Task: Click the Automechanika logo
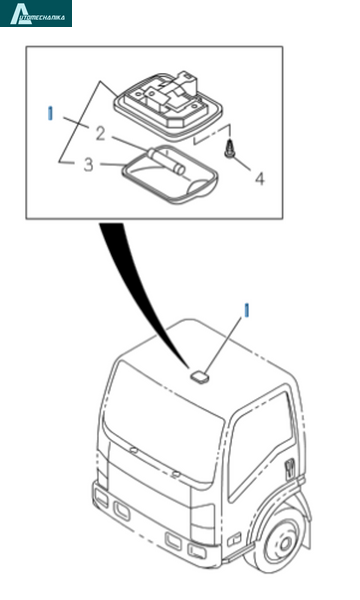click(36, 13)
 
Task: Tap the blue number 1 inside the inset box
click(50, 113)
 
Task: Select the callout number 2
click(100, 134)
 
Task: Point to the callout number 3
click(88, 165)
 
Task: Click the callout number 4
click(260, 179)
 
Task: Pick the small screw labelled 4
click(230, 148)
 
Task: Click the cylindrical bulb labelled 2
click(167, 161)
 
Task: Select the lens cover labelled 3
click(170, 175)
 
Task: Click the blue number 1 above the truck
click(247, 310)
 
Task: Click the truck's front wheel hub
click(284, 545)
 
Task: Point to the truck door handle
click(290, 468)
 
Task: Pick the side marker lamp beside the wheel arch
click(234, 539)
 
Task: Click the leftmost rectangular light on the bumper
click(102, 497)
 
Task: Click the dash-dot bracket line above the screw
click(213, 134)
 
